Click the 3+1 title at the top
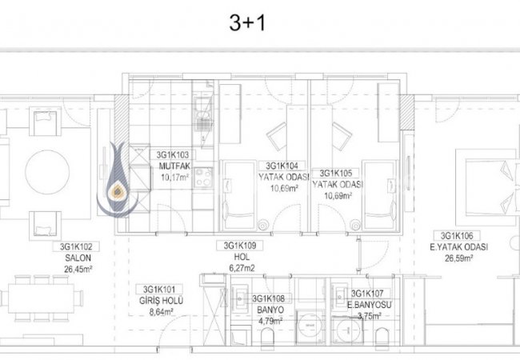[x=247, y=23]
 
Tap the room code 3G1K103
[x=173, y=155]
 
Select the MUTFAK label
[x=174, y=166]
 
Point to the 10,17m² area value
[x=174, y=178]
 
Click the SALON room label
[x=78, y=258]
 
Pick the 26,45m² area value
[x=78, y=269]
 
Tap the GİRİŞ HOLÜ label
[x=161, y=300]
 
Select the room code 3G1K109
[x=240, y=246]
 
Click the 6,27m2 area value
[x=242, y=268]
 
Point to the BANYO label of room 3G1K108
[x=270, y=310]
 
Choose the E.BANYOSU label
[x=369, y=305]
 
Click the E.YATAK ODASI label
[x=458, y=247]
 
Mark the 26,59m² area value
[x=459, y=258]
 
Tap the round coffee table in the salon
[x=47, y=172]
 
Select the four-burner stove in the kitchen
[x=203, y=178]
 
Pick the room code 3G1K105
[x=335, y=173]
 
